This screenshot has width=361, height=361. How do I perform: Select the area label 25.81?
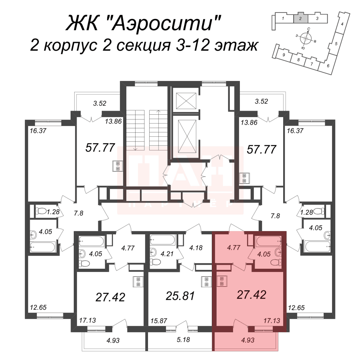pos(180,296)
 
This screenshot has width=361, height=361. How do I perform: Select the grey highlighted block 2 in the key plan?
pos(300,18)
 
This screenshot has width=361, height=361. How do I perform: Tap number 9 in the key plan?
pos(284,55)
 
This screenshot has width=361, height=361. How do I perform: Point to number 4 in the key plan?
pos(342,25)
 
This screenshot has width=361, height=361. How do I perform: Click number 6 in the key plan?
pos(328,66)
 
